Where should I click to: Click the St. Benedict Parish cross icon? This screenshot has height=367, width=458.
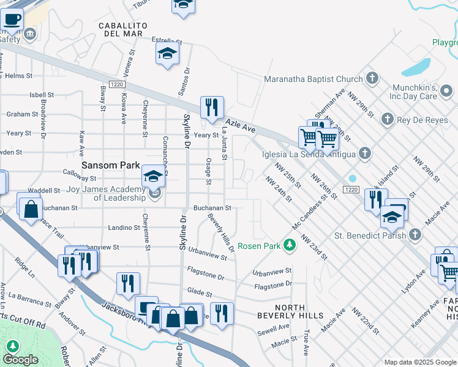[415, 234]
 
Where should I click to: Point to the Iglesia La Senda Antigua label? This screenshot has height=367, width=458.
[308, 153]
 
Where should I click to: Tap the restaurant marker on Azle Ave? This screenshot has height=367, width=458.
[212, 108]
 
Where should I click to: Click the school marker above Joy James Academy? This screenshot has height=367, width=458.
[153, 177]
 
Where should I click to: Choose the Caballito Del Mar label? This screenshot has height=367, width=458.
[123, 29]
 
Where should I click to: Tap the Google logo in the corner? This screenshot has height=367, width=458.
[20, 360]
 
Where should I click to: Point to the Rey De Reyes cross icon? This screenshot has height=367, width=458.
[386, 119]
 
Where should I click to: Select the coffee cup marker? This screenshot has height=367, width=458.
[12, 18]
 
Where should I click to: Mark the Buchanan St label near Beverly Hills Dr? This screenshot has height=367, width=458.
[212, 208]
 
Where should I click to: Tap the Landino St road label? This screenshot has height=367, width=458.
[124, 228]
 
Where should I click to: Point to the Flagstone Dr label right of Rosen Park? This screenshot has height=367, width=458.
[273, 285]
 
